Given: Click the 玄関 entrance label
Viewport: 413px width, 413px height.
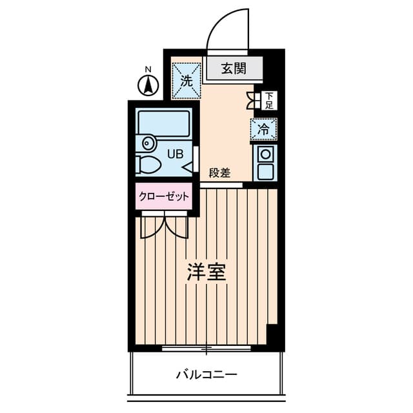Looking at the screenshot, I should (x=234, y=68).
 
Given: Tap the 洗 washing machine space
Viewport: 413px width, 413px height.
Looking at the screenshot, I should (x=186, y=81).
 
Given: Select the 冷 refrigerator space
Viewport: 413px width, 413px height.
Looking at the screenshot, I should (x=263, y=129).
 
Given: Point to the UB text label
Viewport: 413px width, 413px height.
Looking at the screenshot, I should (x=175, y=154).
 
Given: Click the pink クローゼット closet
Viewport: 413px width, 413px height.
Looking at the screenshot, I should (x=164, y=197).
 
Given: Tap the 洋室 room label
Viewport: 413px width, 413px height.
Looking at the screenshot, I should (x=206, y=272).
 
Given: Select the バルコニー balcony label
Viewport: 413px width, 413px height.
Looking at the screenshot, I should (x=206, y=374).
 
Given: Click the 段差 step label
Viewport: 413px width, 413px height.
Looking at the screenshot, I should (x=219, y=172).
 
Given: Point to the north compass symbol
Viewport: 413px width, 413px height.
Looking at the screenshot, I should (x=149, y=85).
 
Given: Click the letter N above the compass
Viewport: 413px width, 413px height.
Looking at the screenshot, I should (x=148, y=69).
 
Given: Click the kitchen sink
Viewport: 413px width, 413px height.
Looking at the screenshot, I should (x=265, y=172).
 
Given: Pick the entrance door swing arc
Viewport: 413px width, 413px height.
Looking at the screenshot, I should (x=226, y=29).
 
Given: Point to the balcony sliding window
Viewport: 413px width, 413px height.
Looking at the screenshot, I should (x=206, y=349).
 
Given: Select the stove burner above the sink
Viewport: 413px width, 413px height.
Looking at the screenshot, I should (x=265, y=154).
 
